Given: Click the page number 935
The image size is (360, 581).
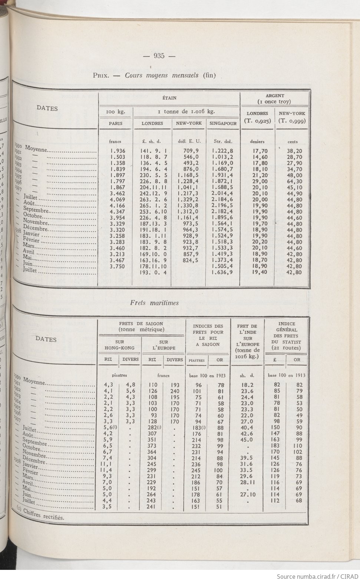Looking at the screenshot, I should click(x=159, y=56).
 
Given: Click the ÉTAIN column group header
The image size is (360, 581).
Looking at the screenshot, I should click(x=169, y=98).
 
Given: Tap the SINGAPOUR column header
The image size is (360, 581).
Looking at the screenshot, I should click(x=223, y=124).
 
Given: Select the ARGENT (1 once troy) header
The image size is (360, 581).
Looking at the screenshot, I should click(x=274, y=99).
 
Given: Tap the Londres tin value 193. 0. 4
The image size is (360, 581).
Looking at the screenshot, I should click(x=152, y=272).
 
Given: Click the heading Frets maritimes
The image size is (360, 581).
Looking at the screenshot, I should click(x=154, y=303).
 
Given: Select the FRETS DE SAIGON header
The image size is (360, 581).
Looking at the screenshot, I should click(x=141, y=326).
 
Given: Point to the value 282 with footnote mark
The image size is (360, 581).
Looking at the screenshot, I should click(x=154, y=428).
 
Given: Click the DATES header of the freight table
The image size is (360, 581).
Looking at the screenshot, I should click(x=46, y=339).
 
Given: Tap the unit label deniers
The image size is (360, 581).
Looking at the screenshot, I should click(x=257, y=142).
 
